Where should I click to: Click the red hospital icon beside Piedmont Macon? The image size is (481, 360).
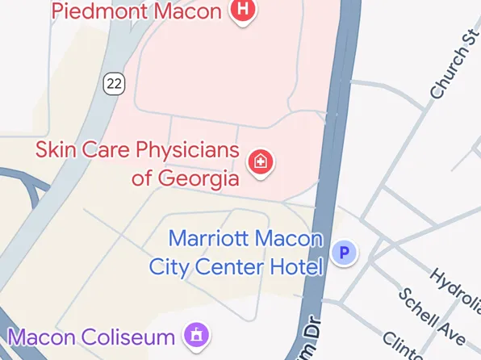[242, 11]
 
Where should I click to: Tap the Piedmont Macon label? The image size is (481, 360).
[136, 11]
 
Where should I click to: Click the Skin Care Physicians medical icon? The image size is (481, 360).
[261, 161]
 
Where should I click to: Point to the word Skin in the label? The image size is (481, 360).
[57, 150]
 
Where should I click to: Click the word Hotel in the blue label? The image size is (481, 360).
[296, 266]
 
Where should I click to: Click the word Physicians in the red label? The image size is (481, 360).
[186, 151]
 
